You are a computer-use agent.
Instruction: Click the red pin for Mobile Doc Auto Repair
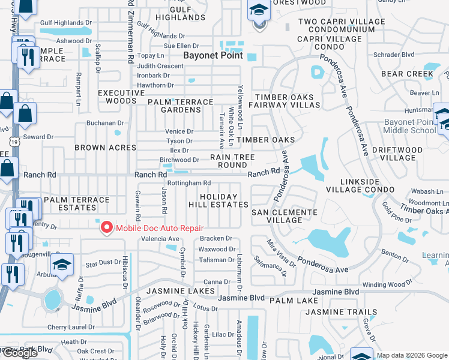pyautogui.click(x=107, y=227)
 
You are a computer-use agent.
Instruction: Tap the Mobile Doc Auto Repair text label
pyautogui.click(x=159, y=227)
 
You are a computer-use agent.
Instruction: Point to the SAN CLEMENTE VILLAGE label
pyautogui.click(x=284, y=216)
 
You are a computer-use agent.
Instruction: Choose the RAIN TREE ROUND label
pyautogui.click(x=232, y=161)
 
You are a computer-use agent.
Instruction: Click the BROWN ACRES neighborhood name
pyautogui.click(x=98, y=147)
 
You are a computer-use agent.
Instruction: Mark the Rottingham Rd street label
pyautogui.click(x=189, y=183)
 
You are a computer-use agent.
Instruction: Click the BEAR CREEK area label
pyautogui.click(x=407, y=74)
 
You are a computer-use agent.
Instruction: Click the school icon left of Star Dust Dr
pyautogui.click(x=62, y=264)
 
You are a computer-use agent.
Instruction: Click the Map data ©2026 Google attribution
pyautogui.click(x=412, y=355)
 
